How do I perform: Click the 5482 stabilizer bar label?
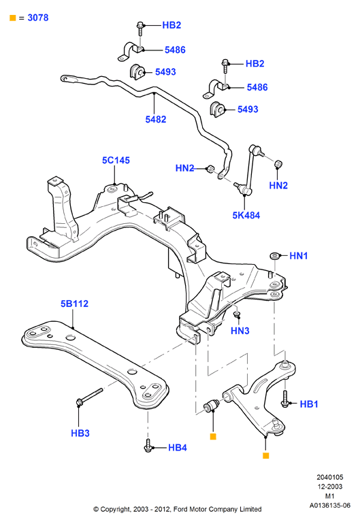pos(155,119)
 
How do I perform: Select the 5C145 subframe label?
pos(116,161)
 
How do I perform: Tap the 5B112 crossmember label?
pos(74,304)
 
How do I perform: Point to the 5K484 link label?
pos(246,215)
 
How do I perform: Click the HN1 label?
pos(298,256)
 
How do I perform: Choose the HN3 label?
pos(240,331)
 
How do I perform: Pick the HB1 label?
pos(309,404)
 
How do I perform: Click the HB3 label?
pos(80,433)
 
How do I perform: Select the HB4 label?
pos(177,448)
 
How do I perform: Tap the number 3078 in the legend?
pos(38,18)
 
